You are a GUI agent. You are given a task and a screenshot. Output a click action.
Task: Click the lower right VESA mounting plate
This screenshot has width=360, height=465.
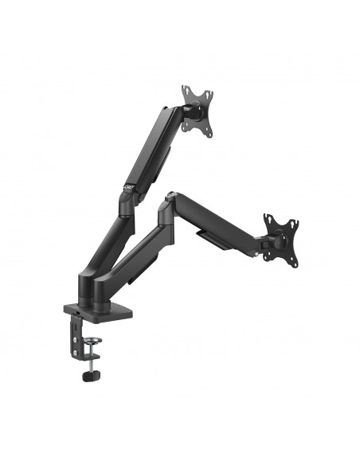point(280,236)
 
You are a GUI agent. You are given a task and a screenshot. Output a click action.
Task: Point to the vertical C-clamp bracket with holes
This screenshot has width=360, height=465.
point(77,331)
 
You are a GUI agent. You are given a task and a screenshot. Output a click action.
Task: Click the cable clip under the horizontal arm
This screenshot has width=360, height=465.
point(209,241)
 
